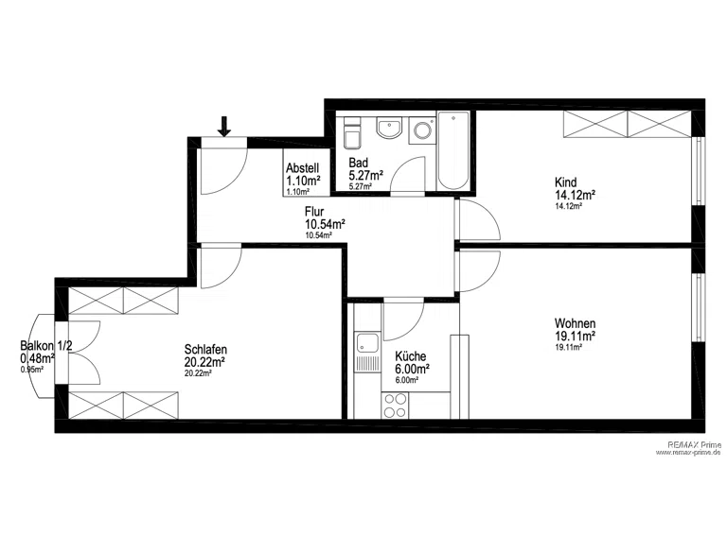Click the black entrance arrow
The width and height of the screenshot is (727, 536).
(224, 127)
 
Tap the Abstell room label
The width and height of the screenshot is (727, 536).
(302, 167)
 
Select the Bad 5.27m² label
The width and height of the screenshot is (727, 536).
(365, 169)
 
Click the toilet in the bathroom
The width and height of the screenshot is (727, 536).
(352, 133)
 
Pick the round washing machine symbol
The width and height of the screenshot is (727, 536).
(422, 130)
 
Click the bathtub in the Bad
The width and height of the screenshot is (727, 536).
(453, 150)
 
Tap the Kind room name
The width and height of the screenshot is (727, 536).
(566, 182)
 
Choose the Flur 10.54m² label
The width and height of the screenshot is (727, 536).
(325, 218)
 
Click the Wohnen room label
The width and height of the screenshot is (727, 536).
(575, 323)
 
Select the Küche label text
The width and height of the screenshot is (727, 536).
(410, 356)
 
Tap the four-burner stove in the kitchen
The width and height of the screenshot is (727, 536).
(395, 406)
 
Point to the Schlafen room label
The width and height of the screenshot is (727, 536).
(205, 349)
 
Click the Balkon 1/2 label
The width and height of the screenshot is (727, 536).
(45, 345)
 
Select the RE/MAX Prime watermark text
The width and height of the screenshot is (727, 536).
(695, 444)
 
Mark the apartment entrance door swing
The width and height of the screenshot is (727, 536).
(225, 170)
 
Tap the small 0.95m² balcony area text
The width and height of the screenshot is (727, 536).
(31, 370)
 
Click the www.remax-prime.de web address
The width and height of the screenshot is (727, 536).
(688, 452)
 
